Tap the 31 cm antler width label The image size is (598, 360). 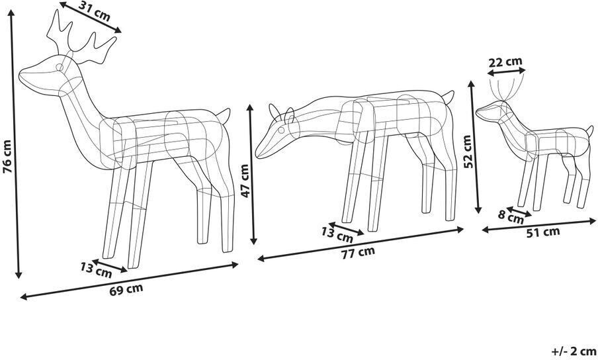click(95, 9)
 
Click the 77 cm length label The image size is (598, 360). click(357, 251)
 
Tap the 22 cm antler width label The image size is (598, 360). click(505, 62)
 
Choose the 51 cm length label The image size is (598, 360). click(542, 231)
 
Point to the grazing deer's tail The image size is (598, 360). click(448, 97)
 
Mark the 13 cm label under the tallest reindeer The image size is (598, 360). click(96, 269)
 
